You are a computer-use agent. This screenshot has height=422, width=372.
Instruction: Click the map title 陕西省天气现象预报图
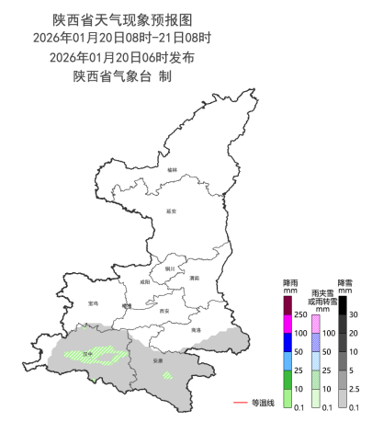click(122, 18)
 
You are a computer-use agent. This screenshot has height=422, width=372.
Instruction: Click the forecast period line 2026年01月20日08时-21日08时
click(122, 38)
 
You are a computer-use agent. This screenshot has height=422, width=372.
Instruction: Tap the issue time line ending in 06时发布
click(122, 57)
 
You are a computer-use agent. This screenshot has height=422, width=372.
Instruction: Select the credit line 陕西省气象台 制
click(122, 76)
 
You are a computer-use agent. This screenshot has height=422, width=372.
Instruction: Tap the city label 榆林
click(173, 169)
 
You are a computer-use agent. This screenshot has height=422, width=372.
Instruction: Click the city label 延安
click(171, 211)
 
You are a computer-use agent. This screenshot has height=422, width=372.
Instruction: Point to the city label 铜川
click(170, 269)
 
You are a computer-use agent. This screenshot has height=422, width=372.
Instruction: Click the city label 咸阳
click(143, 283)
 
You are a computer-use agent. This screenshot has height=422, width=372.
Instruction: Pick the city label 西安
click(164, 312)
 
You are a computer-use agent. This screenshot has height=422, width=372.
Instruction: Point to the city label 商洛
click(196, 329)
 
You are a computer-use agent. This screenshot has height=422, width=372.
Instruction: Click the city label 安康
click(158, 361)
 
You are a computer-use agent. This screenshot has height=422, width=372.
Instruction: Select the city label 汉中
click(89, 353)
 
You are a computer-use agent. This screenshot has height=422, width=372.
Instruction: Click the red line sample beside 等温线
click(242, 403)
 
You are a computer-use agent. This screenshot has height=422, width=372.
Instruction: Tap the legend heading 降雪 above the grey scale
click(345, 282)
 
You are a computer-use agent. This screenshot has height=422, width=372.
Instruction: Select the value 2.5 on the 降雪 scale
click(356, 390)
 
